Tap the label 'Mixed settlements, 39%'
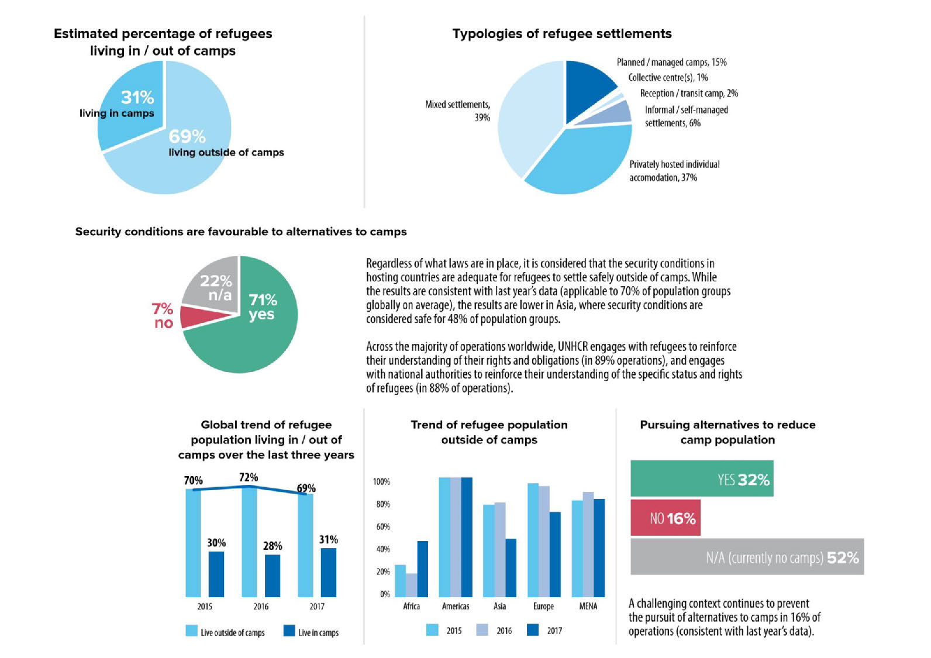458,111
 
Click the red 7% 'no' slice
202,316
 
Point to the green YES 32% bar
701,478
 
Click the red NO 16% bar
665,518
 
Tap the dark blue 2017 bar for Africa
422,569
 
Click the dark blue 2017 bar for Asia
511,567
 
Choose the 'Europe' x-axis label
543,606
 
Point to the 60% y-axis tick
383,526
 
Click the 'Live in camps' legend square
289,631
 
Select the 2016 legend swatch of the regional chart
482,630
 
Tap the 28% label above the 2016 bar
273,546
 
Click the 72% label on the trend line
249,477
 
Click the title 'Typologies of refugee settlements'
561,34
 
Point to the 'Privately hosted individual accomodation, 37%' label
674,171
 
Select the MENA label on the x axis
588,606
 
